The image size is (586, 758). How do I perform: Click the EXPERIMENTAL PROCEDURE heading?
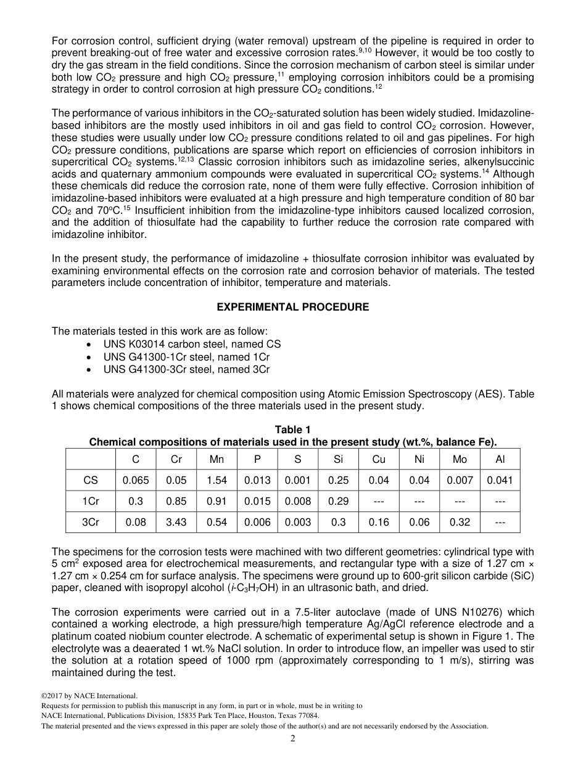[293, 307]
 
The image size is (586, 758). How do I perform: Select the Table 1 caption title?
[293, 430]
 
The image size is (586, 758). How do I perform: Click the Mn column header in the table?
[217, 459]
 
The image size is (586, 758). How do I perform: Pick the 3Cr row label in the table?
[91, 522]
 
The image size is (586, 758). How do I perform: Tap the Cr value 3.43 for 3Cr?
[176, 522]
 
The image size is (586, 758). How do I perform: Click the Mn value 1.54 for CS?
[217, 480]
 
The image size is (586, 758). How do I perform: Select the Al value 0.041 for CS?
[500, 480]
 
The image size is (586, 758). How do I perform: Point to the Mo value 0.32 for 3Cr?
[460, 522]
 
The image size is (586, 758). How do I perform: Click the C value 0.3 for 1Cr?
[136, 501]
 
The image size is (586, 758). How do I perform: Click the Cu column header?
[379, 459]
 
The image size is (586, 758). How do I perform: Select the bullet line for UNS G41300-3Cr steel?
[186, 370]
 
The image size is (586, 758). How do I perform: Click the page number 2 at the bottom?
[293, 738]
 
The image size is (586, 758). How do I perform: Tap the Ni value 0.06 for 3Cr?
[419, 522]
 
